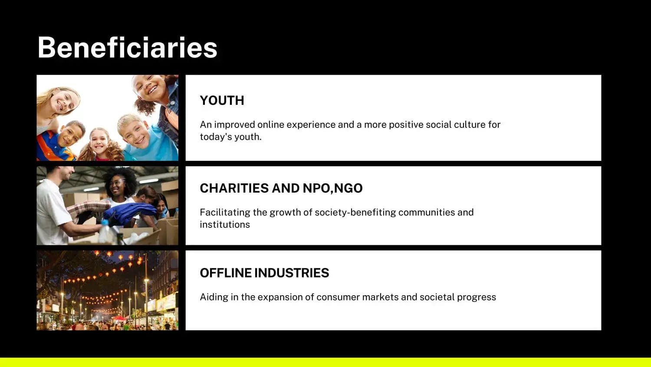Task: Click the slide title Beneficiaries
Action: point(127,47)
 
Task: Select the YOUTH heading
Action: point(222,100)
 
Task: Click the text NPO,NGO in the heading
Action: point(333,188)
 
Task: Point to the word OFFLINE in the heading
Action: point(226,273)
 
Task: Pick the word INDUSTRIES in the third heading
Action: point(292,273)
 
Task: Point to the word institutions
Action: point(225,224)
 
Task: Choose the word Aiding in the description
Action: point(214,297)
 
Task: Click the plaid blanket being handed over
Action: point(87,208)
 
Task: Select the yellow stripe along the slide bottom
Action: point(325,362)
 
